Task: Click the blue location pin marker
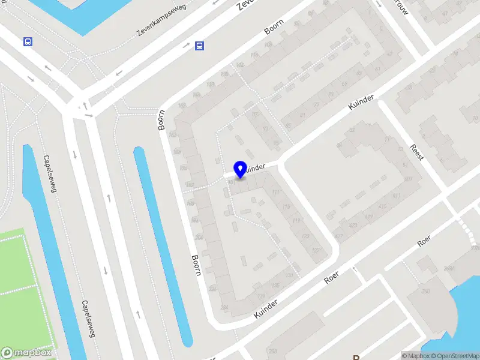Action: (x=240, y=169)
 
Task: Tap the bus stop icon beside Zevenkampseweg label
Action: (x=199, y=46)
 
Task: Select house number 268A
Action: (x=448, y=269)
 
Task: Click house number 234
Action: (x=224, y=308)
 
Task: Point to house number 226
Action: (x=211, y=289)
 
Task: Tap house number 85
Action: (x=287, y=126)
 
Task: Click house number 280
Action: (x=425, y=292)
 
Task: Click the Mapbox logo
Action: (x=26, y=353)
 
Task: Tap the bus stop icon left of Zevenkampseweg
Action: (x=27, y=41)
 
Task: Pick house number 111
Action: (x=275, y=192)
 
